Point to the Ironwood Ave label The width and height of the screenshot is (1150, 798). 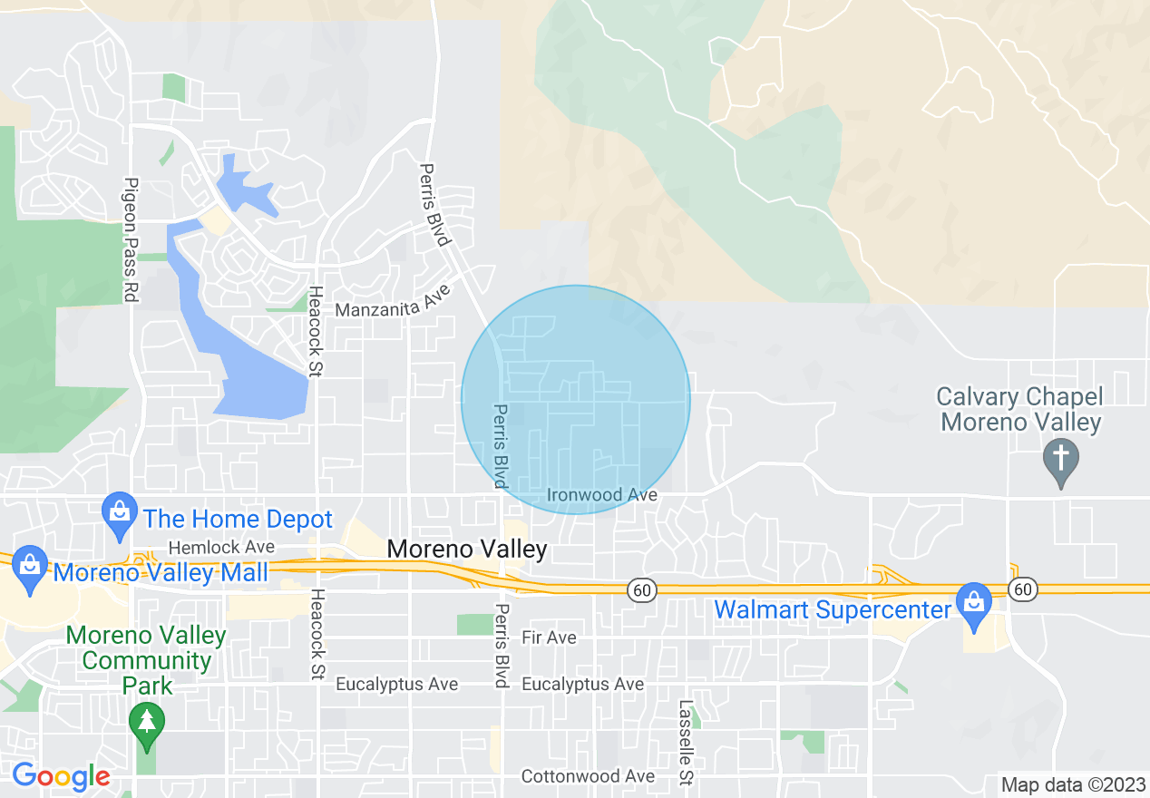(601, 495)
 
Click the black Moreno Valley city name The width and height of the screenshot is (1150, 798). (467, 549)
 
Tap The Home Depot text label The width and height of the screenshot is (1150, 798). (239, 520)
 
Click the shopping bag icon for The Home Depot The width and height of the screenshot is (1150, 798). (120, 512)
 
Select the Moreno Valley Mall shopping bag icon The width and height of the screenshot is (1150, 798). (30, 567)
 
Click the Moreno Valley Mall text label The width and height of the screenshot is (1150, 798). (161, 573)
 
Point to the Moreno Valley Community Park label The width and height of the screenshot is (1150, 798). (147, 659)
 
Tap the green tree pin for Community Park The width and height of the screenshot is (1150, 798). (145, 723)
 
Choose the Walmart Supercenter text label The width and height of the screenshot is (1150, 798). (832, 609)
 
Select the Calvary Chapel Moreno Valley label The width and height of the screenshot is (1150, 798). (1020, 409)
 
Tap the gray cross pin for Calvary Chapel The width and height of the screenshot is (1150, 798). (1061, 457)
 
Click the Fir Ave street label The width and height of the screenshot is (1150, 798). (549, 637)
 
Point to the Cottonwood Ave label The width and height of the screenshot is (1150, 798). (588, 776)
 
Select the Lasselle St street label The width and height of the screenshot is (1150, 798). (686, 742)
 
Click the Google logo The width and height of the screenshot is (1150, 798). (61, 776)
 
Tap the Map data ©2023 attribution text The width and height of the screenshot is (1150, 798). (1071, 784)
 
